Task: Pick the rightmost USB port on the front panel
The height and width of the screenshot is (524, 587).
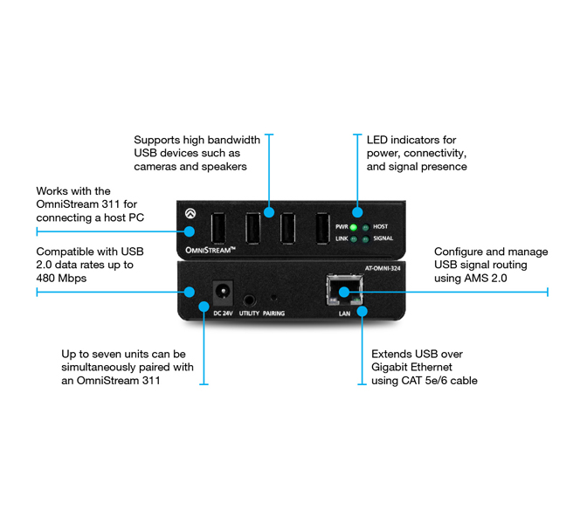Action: coord(321,229)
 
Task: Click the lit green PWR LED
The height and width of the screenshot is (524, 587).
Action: coord(356,227)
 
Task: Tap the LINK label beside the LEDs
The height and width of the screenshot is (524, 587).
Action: coord(342,238)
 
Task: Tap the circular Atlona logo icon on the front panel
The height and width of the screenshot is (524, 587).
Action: coord(190,210)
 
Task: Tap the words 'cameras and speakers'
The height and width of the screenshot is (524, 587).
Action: coord(190,166)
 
